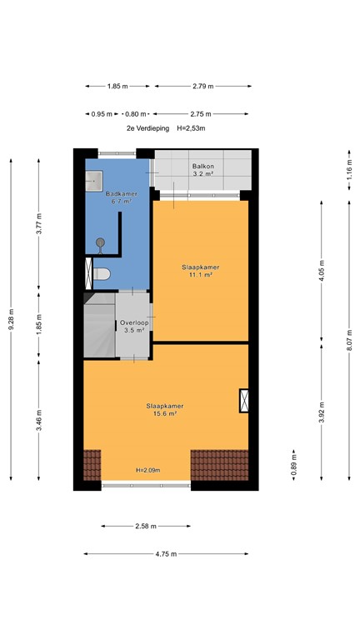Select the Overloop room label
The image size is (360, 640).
point(133,326)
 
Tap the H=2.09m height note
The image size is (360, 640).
point(147,471)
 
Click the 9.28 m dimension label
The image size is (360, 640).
point(11,317)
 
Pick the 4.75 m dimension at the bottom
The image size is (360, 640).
point(166,553)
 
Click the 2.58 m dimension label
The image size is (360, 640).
point(145,526)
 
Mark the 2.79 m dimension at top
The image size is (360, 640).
point(202,86)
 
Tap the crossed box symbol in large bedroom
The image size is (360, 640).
point(244,401)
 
